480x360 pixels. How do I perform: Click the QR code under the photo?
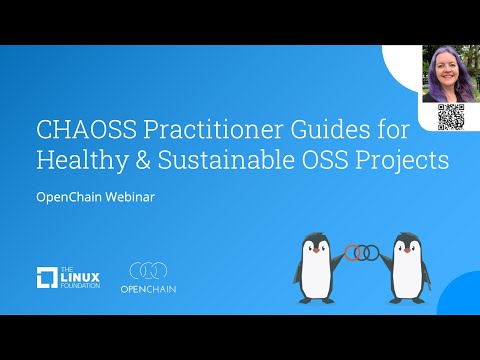[451, 117]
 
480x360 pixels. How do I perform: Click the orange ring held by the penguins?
[352, 252]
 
